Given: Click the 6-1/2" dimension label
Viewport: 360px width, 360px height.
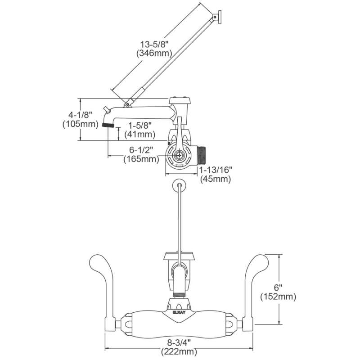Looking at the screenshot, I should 142,150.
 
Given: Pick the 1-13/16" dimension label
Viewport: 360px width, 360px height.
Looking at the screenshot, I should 215,171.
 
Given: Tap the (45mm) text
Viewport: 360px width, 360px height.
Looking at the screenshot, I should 215,179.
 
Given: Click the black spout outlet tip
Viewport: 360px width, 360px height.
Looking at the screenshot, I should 108,125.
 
